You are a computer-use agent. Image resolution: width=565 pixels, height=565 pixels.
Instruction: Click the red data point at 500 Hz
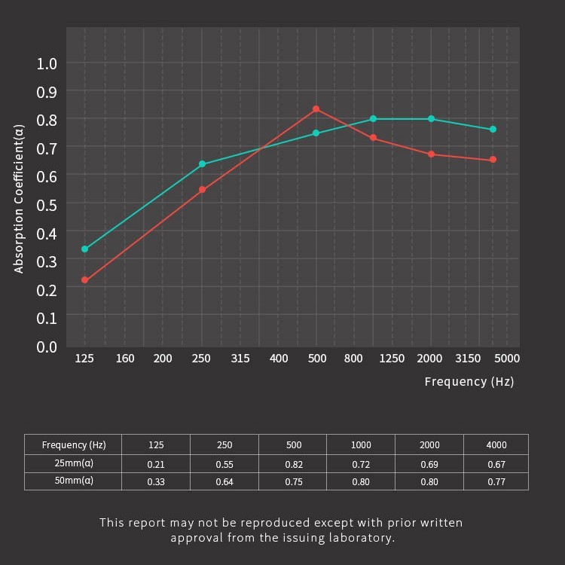[316, 109]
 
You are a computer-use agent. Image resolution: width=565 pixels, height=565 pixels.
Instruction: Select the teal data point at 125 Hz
[84, 249]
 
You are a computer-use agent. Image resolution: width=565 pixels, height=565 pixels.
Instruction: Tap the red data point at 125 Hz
[84, 280]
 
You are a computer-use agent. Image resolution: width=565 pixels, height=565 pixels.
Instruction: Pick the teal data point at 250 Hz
[202, 164]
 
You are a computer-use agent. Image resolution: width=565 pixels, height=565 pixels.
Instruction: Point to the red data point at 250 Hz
[202, 190]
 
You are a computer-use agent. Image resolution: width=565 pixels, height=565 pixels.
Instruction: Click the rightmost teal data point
[493, 130]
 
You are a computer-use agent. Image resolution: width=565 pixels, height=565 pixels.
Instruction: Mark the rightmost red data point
[493, 160]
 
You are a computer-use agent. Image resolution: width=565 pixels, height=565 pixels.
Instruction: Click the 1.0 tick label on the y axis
[47, 63]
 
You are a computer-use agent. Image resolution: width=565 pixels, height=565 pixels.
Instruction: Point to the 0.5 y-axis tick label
[47, 204]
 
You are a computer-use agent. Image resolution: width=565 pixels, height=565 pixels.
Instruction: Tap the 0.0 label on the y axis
[47, 347]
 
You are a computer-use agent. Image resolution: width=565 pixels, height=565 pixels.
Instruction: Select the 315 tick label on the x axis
[240, 359]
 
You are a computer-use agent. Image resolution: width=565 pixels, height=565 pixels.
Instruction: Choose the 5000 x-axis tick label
[507, 359]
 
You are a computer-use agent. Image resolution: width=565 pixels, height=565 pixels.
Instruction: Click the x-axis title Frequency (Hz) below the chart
[469, 382]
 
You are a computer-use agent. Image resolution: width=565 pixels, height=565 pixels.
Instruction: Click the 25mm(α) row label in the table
[72, 464]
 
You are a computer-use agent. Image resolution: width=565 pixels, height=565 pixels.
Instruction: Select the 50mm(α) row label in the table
[72, 481]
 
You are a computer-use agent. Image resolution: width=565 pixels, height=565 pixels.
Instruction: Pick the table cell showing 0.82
[293, 464]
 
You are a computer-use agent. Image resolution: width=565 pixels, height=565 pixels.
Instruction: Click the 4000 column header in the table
[496, 445]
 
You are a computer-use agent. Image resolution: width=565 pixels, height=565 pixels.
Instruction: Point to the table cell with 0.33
[155, 481]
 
